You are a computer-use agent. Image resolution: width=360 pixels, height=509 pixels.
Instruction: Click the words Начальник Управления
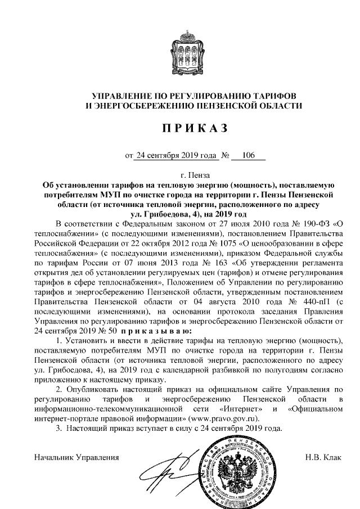point(77,456)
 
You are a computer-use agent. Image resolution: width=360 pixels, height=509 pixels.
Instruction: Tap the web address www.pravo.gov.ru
point(226,419)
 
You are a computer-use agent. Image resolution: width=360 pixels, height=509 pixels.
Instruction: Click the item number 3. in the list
point(58,429)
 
